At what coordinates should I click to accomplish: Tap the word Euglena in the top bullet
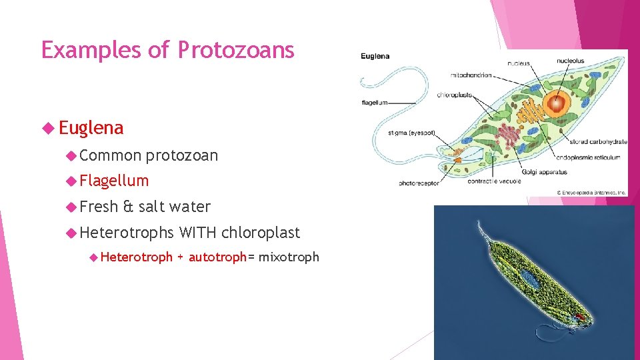(91, 127)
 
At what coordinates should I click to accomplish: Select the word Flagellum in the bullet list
(114, 181)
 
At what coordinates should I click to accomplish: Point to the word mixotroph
(289, 257)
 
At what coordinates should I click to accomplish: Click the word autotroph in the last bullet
(217, 257)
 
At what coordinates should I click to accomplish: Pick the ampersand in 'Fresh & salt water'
(129, 207)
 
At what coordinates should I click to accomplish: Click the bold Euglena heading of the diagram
(375, 56)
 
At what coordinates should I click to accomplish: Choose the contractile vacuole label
(493, 181)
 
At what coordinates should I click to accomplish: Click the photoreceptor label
(419, 182)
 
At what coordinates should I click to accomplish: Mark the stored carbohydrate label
(598, 141)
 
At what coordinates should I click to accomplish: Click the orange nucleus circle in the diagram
(554, 105)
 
